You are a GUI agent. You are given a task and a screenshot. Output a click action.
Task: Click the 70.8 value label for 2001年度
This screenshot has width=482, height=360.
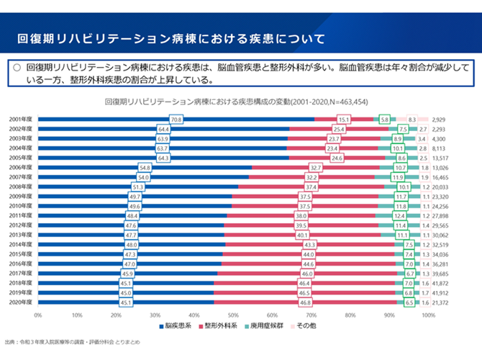click(176, 118)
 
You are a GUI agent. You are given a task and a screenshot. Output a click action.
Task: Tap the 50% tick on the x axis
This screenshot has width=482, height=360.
click(233, 315)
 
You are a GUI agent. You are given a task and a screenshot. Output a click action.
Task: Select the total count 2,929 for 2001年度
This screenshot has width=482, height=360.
click(440, 118)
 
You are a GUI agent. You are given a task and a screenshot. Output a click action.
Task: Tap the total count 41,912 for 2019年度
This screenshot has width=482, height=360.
click(439, 294)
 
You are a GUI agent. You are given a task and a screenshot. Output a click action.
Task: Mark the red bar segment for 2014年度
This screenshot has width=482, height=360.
click(309, 245)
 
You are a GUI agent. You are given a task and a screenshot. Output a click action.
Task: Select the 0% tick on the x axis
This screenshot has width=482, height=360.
click(38, 315)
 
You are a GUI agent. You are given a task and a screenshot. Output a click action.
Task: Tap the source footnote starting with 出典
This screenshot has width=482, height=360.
click(80, 343)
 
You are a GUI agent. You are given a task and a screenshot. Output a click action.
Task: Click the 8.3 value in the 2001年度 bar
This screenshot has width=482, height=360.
click(412, 118)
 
